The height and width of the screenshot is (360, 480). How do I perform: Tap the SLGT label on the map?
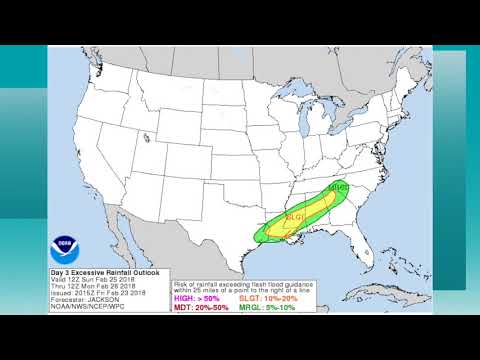point(296,216)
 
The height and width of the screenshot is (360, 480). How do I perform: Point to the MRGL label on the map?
point(337,187)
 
